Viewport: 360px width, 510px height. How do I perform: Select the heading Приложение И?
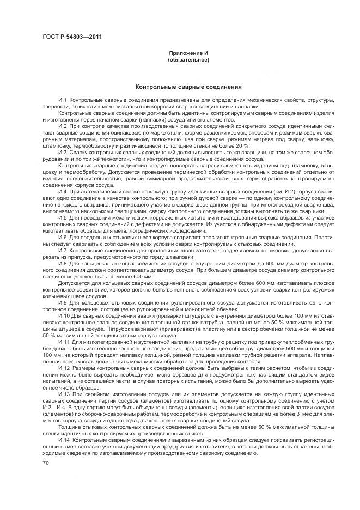coord(188,53)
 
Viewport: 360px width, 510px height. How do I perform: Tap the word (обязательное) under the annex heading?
coord(188,59)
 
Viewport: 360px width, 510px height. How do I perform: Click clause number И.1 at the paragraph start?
coord(62,101)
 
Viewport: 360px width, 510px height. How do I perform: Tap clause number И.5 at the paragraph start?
coord(62,217)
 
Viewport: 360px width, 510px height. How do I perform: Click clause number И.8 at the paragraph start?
coord(62,263)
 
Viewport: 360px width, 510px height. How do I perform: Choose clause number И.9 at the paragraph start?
coord(62,302)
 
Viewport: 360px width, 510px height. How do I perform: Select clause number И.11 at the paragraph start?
coord(63,341)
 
